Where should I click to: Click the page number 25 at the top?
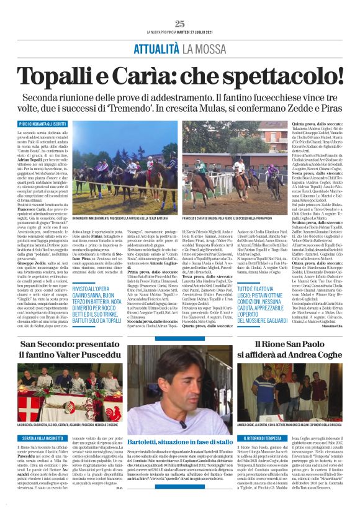(x=180, y=24)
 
